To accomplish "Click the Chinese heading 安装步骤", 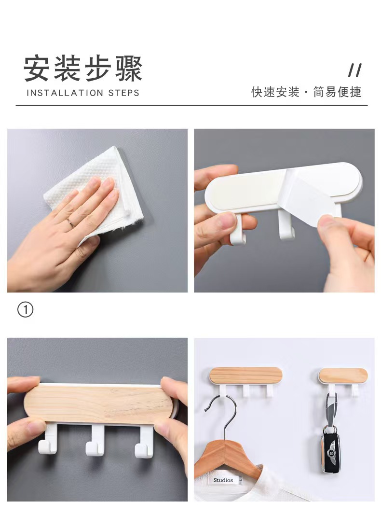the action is coord(83,69).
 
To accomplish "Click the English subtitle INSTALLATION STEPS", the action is coord(83,93).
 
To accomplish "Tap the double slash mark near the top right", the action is coord(355,70).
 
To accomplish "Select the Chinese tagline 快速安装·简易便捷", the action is coord(306,92).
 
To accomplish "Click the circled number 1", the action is coord(25,309).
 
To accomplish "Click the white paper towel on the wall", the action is coord(95,194).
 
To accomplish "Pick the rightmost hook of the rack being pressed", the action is coord(144,441).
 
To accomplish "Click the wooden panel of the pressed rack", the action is coord(98,404).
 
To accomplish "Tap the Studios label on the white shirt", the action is coord(223,480).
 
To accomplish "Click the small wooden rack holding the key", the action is coord(343,375).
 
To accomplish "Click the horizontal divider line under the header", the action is coord(191,106).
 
